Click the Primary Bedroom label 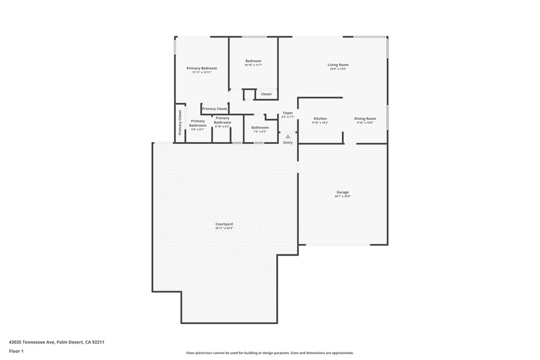(201, 68)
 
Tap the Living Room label (337, 65)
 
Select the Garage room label (342, 192)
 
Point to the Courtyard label (224, 224)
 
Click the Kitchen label (320, 119)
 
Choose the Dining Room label (364, 119)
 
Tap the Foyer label (287, 113)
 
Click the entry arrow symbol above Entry (287, 137)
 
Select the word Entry (287, 142)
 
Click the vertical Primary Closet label (180, 122)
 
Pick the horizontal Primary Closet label (215, 109)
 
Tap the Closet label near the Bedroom (266, 94)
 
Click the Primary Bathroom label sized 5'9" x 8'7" (198, 123)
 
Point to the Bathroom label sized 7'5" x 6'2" (259, 128)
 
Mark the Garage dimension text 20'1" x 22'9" (342, 196)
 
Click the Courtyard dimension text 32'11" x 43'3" (224, 228)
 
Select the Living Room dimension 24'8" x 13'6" (337, 69)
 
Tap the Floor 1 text (16, 351)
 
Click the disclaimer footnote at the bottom (269, 353)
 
